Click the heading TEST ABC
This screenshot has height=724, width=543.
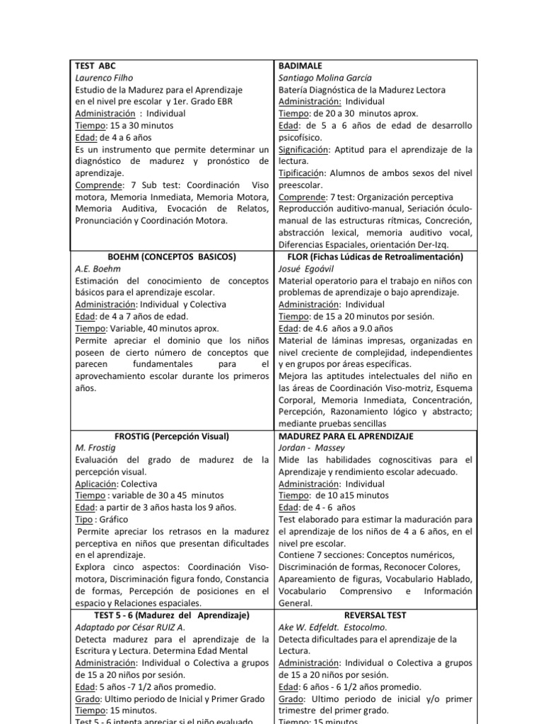tap(95, 66)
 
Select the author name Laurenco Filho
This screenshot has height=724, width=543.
tap(104, 78)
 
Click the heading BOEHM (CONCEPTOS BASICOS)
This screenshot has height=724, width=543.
tap(172, 257)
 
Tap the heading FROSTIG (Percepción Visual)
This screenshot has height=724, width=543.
tap(172, 436)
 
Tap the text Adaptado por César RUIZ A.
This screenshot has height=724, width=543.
tap(129, 627)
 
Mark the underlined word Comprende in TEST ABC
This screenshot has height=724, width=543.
tap(99, 185)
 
